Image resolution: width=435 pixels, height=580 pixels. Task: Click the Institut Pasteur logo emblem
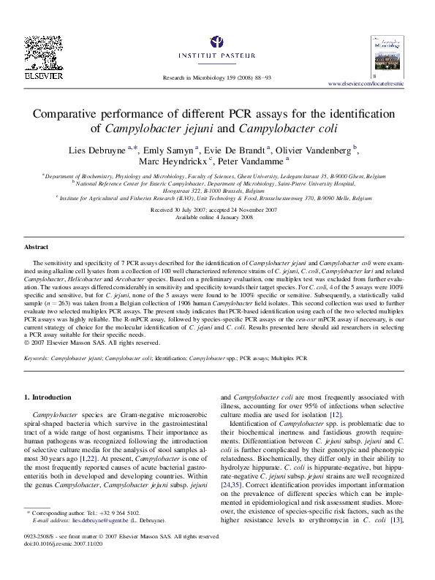point(217,42)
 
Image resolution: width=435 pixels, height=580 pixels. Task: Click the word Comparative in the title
point(75,115)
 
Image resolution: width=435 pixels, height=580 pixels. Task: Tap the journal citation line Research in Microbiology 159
point(216,77)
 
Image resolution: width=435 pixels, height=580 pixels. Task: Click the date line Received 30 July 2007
point(217,209)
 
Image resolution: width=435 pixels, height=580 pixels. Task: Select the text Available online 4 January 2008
point(217,216)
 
